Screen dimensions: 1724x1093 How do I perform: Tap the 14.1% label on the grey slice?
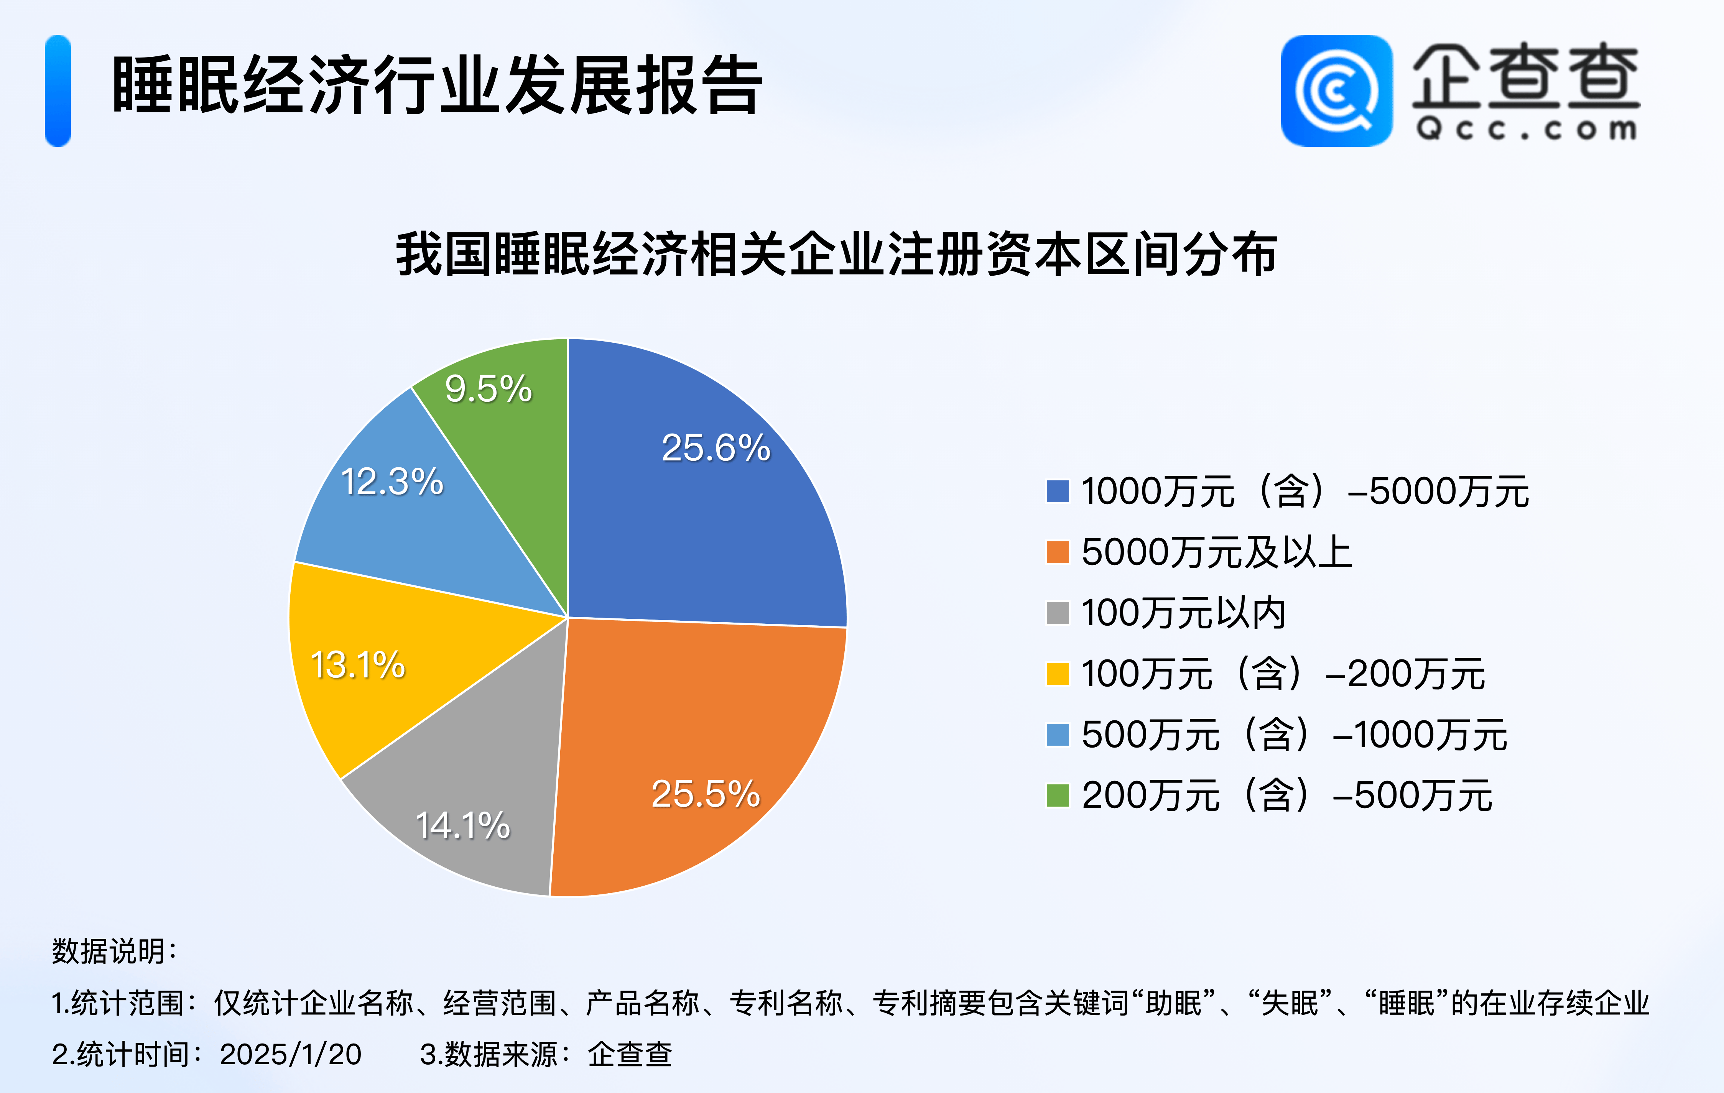[x=462, y=825]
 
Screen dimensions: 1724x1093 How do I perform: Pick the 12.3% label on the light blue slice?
[x=392, y=481]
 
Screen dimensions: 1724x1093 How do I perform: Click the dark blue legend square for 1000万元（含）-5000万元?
[x=1058, y=491]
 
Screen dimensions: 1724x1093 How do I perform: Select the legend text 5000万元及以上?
[x=1216, y=552]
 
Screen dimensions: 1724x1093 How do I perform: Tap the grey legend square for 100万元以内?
[x=1058, y=613]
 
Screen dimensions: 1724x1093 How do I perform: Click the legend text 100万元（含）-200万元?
[x=1283, y=674]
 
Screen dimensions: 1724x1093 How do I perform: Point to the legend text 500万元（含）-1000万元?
[x=1295, y=735]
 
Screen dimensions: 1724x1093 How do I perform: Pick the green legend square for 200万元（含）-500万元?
[x=1058, y=795]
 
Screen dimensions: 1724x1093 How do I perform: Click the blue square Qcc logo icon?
[x=1337, y=91]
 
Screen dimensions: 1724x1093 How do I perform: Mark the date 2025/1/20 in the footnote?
[x=290, y=1054]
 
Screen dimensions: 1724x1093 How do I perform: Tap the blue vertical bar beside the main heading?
[x=58, y=91]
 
